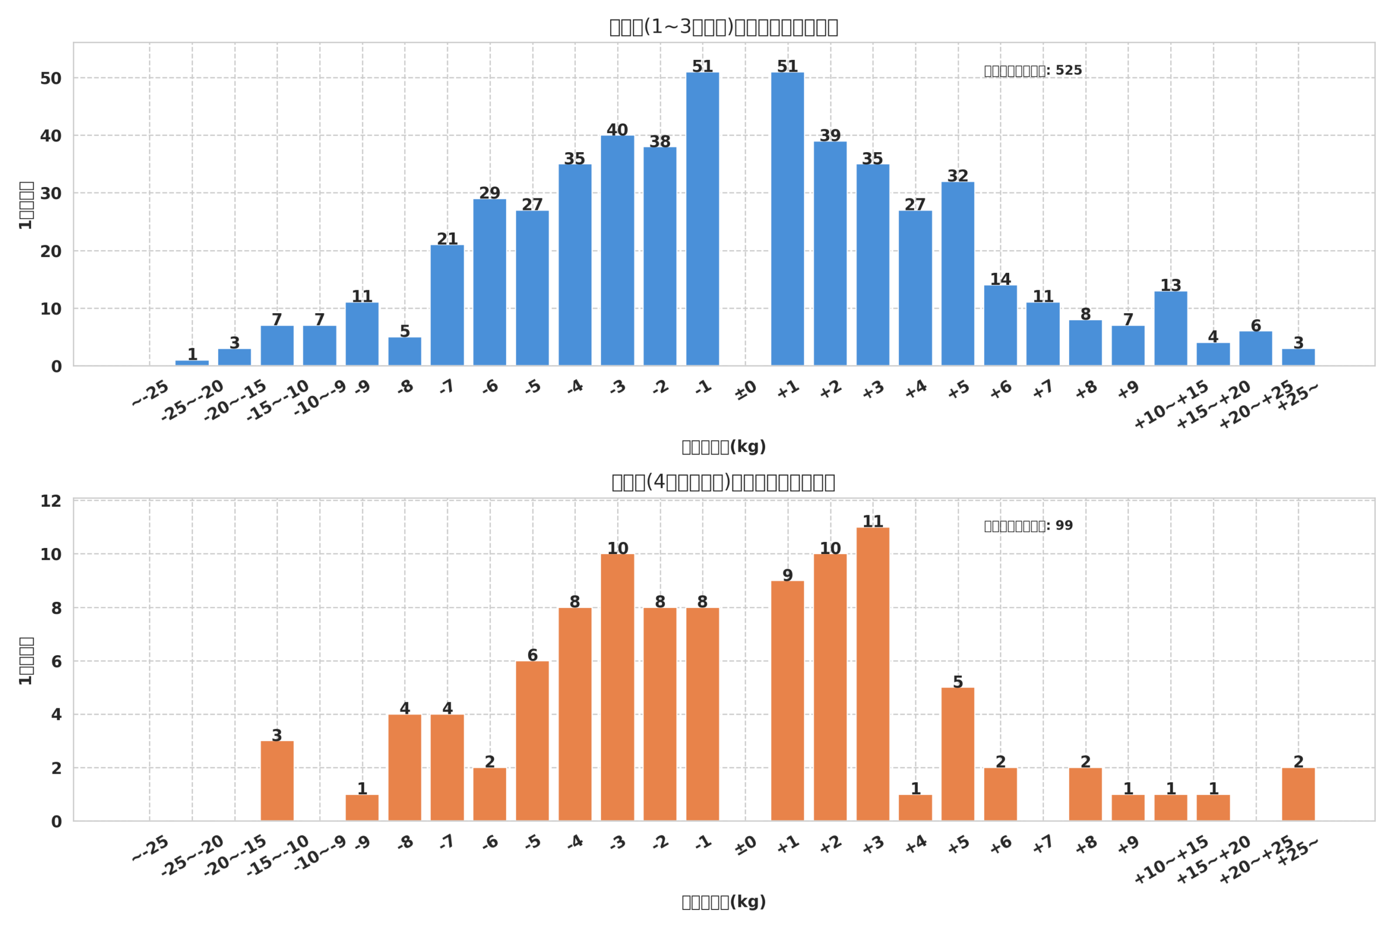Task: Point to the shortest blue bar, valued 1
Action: pyautogui.click(x=192, y=363)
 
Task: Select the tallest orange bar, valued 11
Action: pyautogui.click(x=872, y=674)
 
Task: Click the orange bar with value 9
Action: pyautogui.click(x=787, y=701)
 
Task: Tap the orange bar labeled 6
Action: pyautogui.click(x=532, y=741)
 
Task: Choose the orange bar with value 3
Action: pyautogui.click(x=277, y=781)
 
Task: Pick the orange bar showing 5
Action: pyautogui.click(x=958, y=754)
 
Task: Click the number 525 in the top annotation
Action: pyautogui.click(x=1068, y=71)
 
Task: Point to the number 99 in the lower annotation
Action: pyautogui.click(x=1064, y=526)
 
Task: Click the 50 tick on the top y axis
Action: pyautogui.click(x=51, y=79)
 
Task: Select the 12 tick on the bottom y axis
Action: pyautogui.click(x=51, y=501)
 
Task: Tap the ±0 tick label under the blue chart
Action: pyautogui.click(x=745, y=391)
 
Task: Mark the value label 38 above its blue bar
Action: pyautogui.click(x=660, y=142)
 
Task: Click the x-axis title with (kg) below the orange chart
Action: pyautogui.click(x=723, y=902)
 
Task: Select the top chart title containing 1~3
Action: pyautogui.click(x=723, y=27)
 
